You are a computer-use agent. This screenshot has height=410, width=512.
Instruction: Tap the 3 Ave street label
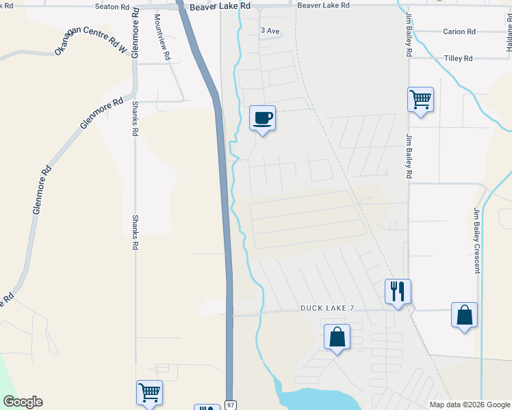point(270,31)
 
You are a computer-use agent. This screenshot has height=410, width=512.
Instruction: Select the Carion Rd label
point(459,31)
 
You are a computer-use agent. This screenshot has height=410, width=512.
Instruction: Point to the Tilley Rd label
point(458,59)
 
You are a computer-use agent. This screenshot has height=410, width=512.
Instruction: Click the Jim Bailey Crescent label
point(476,241)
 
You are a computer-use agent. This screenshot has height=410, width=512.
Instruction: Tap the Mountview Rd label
point(162,38)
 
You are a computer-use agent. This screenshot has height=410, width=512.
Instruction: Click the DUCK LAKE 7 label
point(327,308)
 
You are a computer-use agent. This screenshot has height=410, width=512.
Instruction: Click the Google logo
point(22,402)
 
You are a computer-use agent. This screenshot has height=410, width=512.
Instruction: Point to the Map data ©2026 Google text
point(470,405)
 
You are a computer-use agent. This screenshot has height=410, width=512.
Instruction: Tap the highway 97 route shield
point(231,405)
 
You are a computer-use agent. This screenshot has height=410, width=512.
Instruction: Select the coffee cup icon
point(262,118)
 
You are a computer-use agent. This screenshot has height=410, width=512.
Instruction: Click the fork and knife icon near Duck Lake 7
point(397,291)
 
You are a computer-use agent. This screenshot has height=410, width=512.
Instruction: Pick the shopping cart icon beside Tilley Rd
point(420,100)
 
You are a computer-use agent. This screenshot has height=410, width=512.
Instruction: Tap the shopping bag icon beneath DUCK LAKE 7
point(337,337)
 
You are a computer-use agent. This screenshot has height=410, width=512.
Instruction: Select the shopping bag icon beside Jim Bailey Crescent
point(464,315)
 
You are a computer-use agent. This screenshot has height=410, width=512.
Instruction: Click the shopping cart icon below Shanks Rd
point(149,392)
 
